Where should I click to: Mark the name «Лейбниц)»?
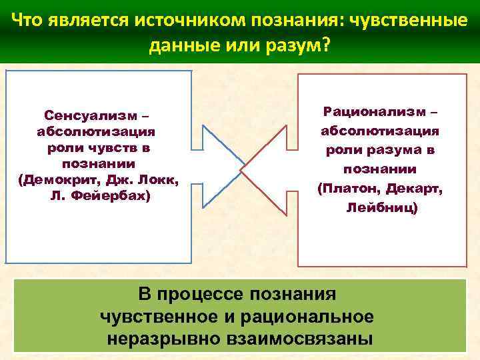point(382,209)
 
